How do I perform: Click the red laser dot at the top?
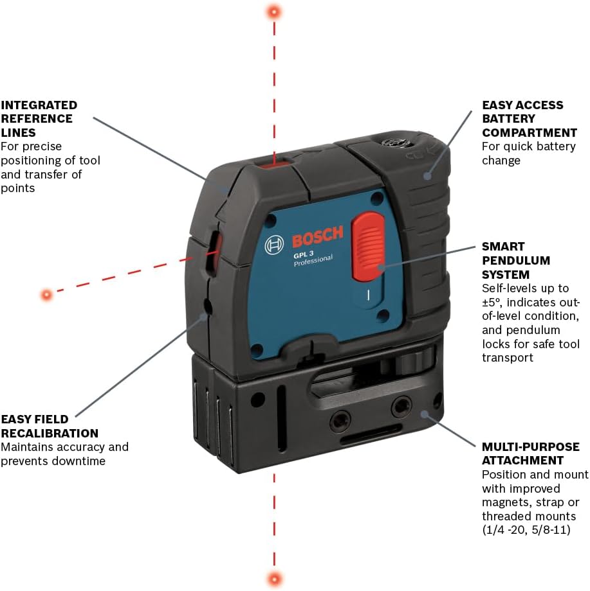pos(275,12)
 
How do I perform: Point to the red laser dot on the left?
pos(46,295)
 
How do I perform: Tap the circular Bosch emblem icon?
pos(275,245)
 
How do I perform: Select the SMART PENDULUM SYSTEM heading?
pos(516,261)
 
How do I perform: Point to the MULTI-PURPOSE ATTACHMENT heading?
pos(531,454)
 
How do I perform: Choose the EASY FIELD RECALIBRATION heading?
pos(50,427)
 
